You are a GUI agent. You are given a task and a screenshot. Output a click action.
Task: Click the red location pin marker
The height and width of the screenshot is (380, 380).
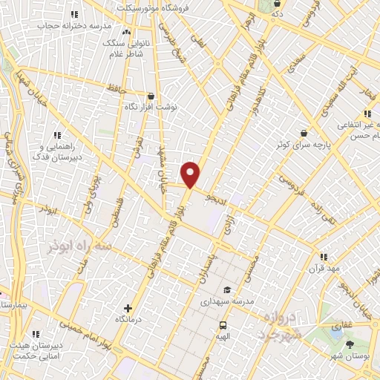click(191, 174)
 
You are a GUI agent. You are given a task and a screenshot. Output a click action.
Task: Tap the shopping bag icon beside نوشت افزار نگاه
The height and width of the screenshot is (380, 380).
click(152, 96)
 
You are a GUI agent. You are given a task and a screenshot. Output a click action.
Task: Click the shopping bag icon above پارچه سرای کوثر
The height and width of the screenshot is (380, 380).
click(304, 133)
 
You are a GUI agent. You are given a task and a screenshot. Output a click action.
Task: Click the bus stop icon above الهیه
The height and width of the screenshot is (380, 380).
click(222, 325)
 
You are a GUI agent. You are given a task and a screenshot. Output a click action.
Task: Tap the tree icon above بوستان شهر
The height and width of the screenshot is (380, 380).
click(350, 344)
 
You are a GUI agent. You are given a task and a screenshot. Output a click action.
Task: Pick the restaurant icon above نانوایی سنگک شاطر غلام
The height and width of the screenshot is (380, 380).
click(125, 33)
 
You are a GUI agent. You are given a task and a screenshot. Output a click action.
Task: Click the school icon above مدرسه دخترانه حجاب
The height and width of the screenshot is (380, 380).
click(73, 14)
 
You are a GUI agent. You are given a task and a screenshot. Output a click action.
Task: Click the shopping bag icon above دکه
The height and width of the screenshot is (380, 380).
click(277, 3)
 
